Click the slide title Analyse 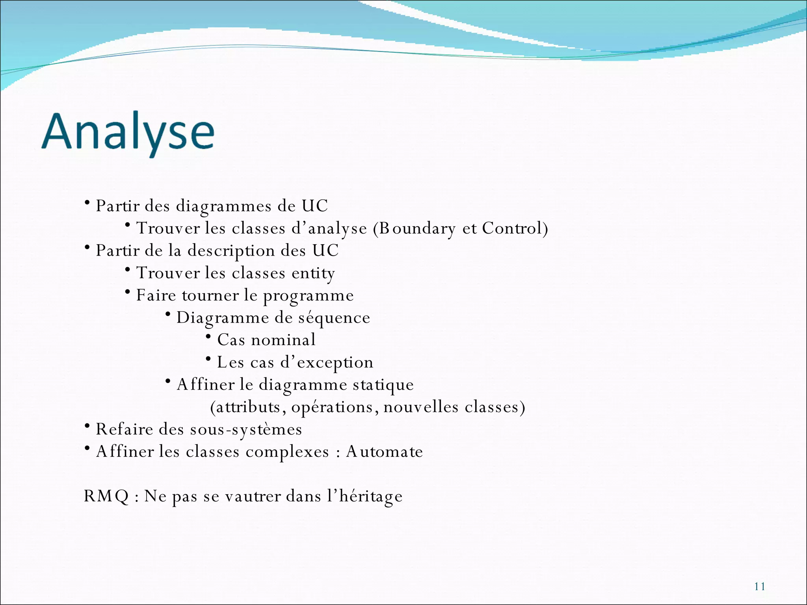coord(128,132)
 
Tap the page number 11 coord(759,586)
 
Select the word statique coord(383,385)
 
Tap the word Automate coord(384,451)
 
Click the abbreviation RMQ coord(106,496)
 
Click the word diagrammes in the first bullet coord(223,206)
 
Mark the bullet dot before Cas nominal coord(208,336)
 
